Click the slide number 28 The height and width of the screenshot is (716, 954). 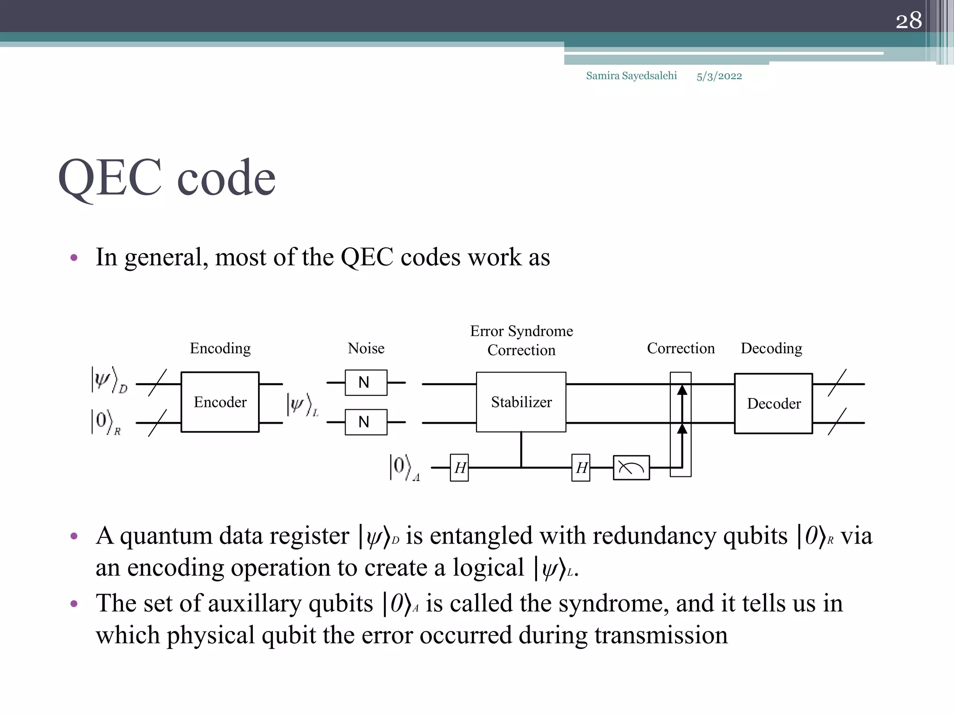[908, 21]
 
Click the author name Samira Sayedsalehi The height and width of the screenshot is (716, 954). [631, 76]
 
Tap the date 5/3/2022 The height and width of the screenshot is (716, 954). [719, 76]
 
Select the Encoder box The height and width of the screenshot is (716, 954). [220, 402]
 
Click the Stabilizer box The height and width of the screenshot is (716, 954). [521, 402]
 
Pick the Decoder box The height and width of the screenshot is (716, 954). [773, 403]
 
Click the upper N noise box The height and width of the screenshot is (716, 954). [366, 383]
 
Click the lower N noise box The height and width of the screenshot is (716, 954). [366, 422]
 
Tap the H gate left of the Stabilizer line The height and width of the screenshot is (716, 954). [459, 468]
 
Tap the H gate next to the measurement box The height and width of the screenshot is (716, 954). [581, 468]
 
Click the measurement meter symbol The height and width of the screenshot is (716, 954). [631, 468]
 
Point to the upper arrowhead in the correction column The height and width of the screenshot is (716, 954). [682, 390]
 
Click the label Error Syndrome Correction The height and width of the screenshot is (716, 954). [521, 340]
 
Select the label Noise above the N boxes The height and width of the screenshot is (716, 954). [366, 348]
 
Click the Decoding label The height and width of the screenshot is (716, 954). [771, 348]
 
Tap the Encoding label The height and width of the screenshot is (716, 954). [220, 348]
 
